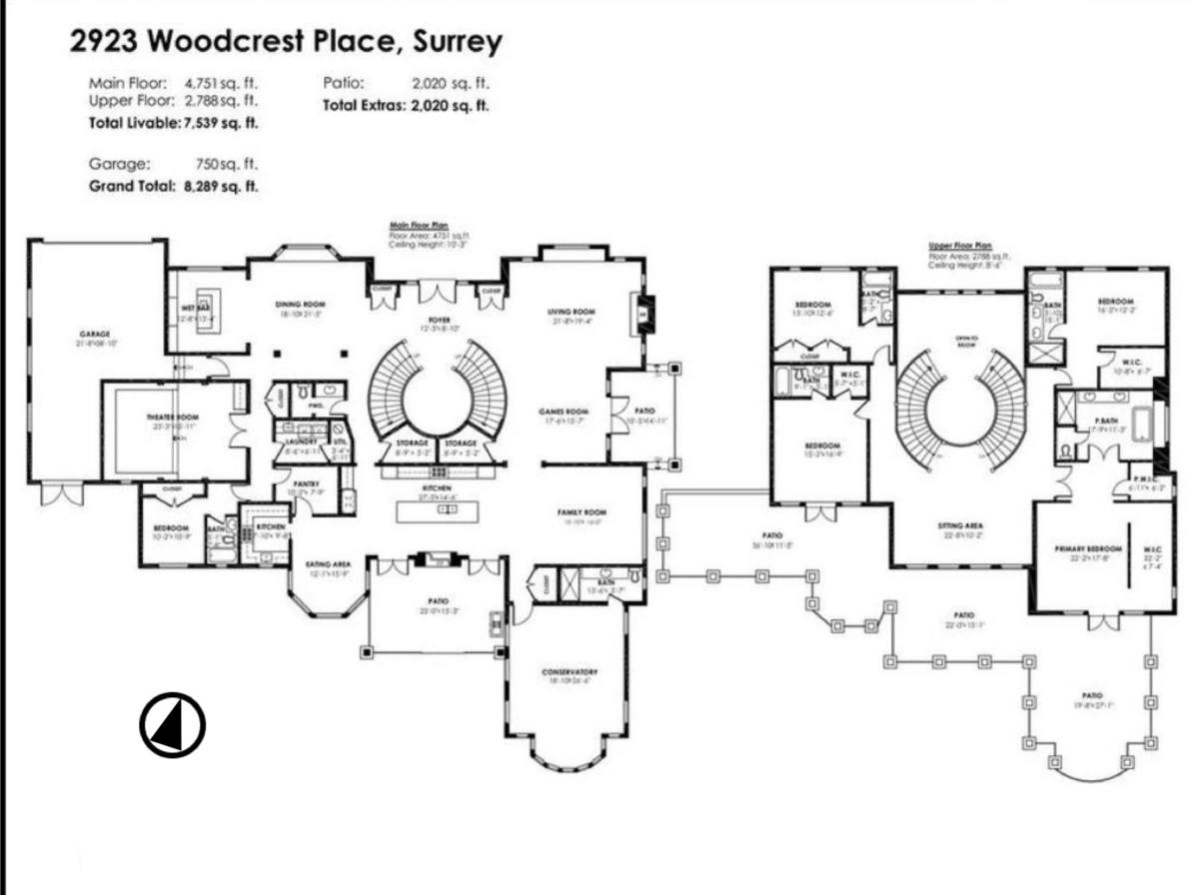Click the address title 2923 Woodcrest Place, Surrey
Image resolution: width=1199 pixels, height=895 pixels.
pyautogui.click(x=286, y=43)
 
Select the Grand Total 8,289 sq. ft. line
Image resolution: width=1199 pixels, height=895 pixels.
pyautogui.click(x=174, y=186)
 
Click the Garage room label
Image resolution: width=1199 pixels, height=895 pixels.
pyautogui.click(x=95, y=334)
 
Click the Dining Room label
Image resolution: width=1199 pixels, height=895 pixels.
pyautogui.click(x=301, y=304)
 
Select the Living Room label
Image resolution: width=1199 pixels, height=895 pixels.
pyautogui.click(x=571, y=312)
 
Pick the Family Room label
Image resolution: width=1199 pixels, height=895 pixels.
pyautogui.click(x=583, y=511)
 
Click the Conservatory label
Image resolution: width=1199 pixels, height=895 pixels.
pyautogui.click(x=571, y=671)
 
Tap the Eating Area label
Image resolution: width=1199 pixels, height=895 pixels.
pyautogui.click(x=327, y=565)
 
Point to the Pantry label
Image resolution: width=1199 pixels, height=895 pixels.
pyautogui.click(x=306, y=483)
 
